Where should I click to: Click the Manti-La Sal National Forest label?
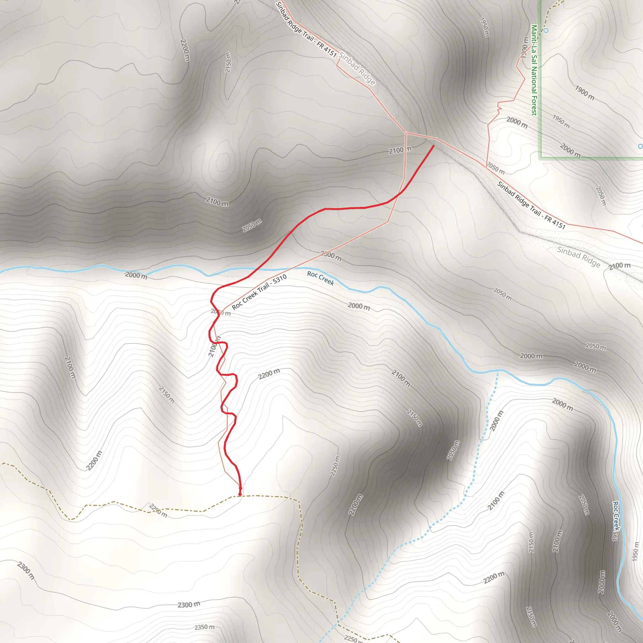click(534, 70)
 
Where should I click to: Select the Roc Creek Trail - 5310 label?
click(259, 292)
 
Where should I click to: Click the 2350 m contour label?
click(204, 627)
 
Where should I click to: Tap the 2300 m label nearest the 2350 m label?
click(189, 605)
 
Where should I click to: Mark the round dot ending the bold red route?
click(240, 489)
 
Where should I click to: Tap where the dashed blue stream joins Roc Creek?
click(498, 370)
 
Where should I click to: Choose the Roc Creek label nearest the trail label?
click(320, 278)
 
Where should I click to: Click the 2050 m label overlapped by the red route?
click(221, 312)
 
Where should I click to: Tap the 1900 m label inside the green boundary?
click(585, 93)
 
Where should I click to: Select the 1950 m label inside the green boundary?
click(561, 122)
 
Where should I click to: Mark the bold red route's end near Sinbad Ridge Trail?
click(433, 146)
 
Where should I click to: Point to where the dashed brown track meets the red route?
click(240, 495)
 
